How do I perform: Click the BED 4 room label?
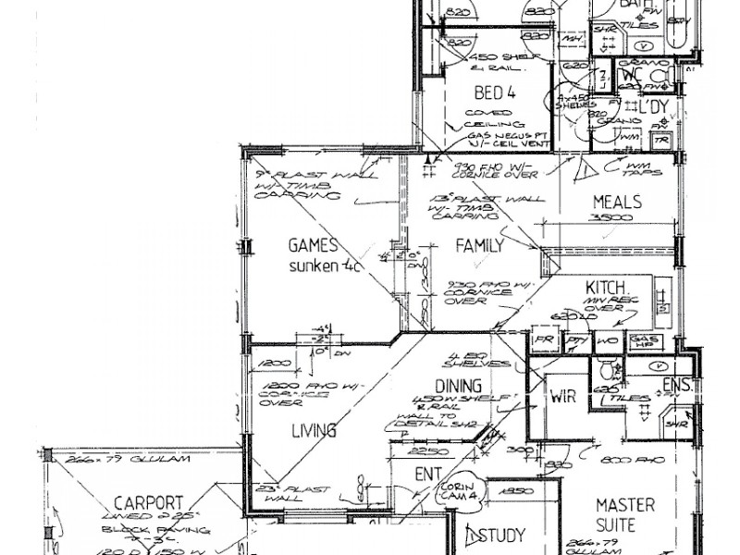coord(497,92)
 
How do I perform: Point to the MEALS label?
coord(618,203)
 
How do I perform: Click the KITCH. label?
coord(607,287)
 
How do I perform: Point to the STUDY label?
coord(503,535)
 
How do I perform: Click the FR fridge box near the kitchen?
coord(542,340)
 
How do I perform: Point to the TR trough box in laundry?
coord(661,140)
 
